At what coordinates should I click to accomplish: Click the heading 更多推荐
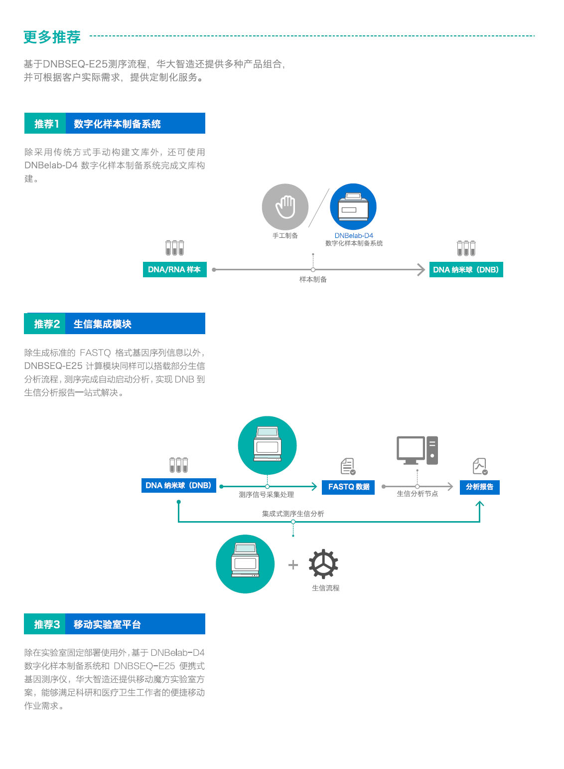pos(52,37)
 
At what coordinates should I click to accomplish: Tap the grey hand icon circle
pos(285,207)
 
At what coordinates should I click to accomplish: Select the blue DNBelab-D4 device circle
pos(353,207)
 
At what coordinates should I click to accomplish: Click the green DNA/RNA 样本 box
pos(174,269)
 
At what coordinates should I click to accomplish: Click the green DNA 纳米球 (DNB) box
pos(466,269)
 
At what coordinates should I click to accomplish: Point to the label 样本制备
pos(313,279)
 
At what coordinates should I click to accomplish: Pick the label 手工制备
pos(285,235)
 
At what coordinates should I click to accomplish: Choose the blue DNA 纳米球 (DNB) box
pos(178,485)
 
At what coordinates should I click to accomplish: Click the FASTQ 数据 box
pos(349,487)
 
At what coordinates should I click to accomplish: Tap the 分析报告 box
pos(479,487)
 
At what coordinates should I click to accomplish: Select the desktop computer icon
pos(417,450)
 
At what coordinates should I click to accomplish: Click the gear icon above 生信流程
pos(323,564)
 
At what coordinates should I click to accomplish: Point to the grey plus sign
pos(293,565)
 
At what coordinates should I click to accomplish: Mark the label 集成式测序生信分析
pos(293,513)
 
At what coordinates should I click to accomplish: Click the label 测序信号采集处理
pos(266,495)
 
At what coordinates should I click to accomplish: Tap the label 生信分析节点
pos(417,494)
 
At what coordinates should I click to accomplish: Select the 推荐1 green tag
pos(45,124)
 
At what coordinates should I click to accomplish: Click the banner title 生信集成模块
pos(103,324)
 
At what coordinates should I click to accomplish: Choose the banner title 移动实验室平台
pos(107,624)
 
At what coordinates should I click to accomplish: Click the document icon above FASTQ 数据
pos(348,466)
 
